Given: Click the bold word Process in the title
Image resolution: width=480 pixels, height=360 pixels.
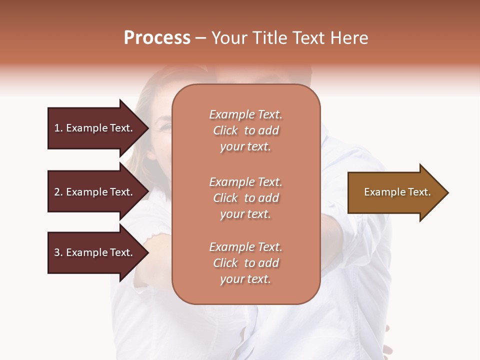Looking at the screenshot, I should pos(157,38).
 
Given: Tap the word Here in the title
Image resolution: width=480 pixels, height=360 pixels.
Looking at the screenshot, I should pos(347,38).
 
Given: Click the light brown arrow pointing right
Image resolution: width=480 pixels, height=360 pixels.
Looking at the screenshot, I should pos(395,192).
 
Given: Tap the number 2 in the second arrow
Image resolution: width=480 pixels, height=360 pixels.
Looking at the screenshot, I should pos(57,192).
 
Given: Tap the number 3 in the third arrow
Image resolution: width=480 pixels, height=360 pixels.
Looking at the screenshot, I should pos(57,252).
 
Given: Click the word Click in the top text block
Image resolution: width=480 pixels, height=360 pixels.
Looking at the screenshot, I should pos(225,130).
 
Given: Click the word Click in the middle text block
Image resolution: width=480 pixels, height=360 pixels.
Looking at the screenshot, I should pos(225,198).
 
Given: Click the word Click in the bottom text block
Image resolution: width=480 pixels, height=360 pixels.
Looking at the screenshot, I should pos(225,263).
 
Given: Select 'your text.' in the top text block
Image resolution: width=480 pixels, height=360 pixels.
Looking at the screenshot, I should pos(245,147).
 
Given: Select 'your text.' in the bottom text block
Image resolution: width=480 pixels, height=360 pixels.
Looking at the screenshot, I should pos(245,279).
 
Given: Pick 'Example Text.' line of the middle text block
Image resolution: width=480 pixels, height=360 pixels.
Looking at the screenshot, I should pos(245,182).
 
